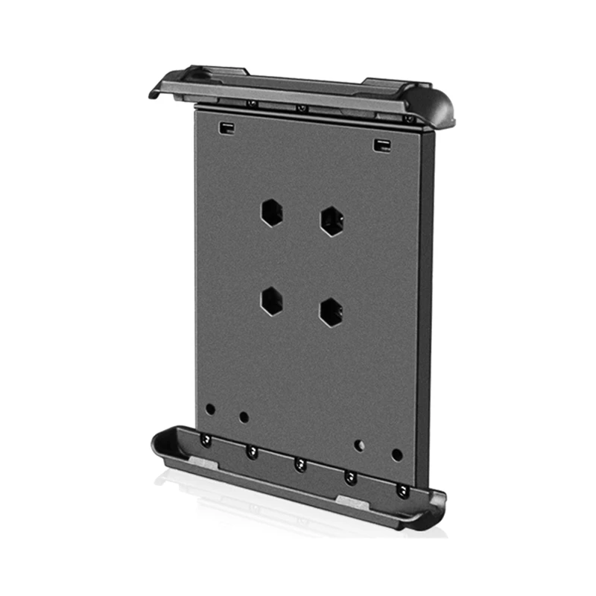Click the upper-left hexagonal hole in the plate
point(271,213)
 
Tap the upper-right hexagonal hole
point(332,221)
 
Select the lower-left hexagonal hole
point(271,300)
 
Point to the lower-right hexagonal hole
point(331,312)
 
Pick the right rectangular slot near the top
point(382,144)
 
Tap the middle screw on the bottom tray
point(300,465)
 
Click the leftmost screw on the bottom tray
point(206,441)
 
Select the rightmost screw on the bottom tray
point(402,490)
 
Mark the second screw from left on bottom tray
point(253,451)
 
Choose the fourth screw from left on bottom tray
point(351,478)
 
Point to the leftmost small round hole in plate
point(210,409)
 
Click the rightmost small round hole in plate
point(396,454)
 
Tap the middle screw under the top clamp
point(301,109)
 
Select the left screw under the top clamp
point(252,103)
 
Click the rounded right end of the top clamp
point(440,108)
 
